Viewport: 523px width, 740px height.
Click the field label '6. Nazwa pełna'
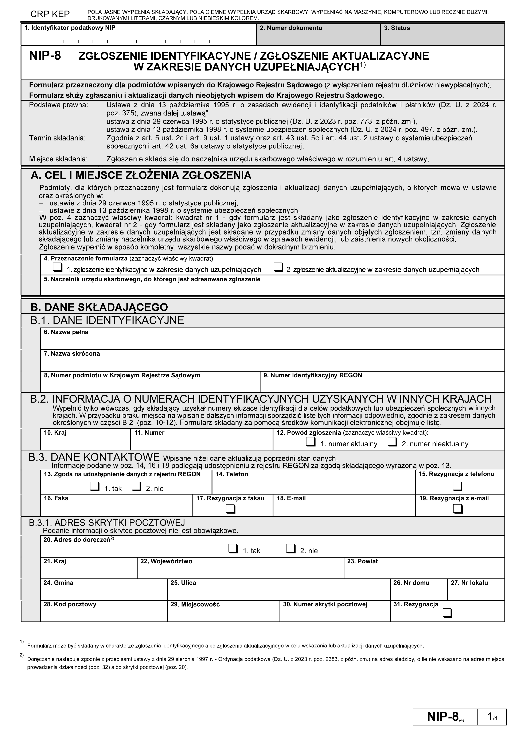coord(66,332)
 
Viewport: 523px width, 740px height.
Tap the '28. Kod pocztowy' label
coord(70,604)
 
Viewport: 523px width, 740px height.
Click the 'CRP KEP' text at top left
coord(50,14)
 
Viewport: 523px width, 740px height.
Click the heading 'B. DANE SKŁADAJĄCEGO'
coord(99,307)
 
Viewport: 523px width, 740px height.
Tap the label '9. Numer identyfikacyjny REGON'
coord(313,375)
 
